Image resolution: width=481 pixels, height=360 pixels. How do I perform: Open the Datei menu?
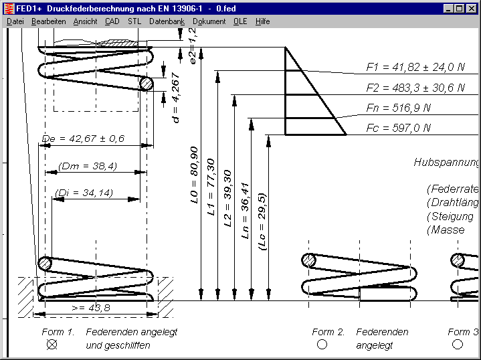15,21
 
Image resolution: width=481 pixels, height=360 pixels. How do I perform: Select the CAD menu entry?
112,21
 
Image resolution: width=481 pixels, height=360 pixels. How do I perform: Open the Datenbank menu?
167,21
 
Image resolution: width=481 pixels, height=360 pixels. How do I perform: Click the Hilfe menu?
262,21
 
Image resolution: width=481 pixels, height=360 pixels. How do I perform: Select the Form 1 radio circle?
52,345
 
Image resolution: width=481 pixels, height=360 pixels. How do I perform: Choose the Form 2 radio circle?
322,345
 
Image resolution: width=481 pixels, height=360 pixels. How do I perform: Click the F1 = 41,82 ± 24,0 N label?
415,68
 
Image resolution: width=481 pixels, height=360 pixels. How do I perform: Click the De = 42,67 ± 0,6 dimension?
84,139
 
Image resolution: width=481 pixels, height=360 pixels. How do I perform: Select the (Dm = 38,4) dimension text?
87,166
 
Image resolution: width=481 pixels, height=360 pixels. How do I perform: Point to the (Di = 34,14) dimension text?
84,193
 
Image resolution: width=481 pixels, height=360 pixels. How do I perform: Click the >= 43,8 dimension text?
90,306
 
